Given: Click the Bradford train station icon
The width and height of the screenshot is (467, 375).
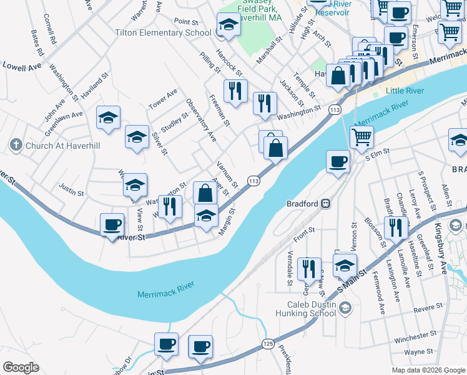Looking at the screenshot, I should (x=325, y=203).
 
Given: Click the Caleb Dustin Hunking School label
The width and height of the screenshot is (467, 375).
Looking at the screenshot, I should (x=305, y=307).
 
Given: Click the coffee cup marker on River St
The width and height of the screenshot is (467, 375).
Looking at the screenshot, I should (x=112, y=226).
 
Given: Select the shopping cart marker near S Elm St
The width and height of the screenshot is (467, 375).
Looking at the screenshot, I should (x=361, y=137).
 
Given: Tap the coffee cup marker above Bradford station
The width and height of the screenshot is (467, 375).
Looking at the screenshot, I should (x=338, y=162).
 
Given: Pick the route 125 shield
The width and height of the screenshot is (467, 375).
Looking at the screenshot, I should (x=268, y=344).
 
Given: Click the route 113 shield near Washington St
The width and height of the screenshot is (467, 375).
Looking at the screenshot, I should (x=335, y=110).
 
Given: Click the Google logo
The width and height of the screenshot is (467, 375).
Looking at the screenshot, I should (x=21, y=367).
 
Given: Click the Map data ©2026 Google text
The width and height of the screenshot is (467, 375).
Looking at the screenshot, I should (x=428, y=370).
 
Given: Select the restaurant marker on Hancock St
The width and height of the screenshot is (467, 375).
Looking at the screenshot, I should (x=235, y=91).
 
